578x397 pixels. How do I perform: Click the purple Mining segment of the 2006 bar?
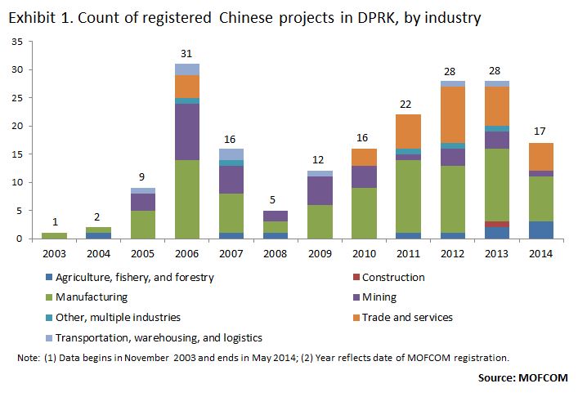[x=186, y=132]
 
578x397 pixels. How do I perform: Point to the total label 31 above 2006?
[x=186, y=55]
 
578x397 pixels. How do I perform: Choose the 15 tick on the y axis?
[x=16, y=154]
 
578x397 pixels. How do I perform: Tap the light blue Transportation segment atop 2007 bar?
[x=231, y=154]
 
